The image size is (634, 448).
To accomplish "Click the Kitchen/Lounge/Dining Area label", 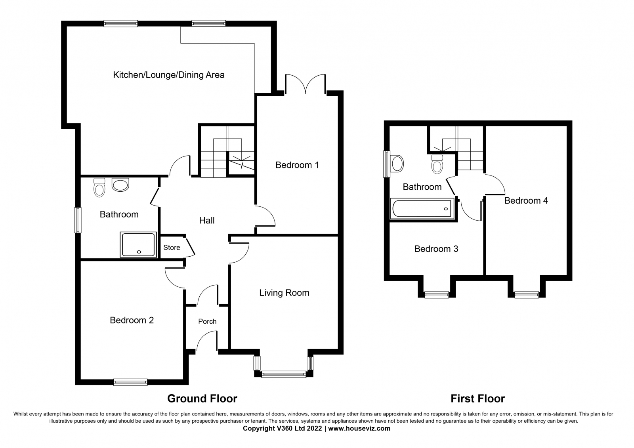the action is [x=169, y=75].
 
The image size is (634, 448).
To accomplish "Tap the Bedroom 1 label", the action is [x=297, y=165].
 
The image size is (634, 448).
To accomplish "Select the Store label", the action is [x=172, y=248].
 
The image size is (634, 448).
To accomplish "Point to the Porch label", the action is [x=207, y=322].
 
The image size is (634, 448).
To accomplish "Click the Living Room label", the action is [x=284, y=293].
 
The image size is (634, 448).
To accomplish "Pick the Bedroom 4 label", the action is [x=526, y=201].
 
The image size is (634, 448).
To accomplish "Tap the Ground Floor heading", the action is [x=202, y=398].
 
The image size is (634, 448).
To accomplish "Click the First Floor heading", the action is [x=478, y=398].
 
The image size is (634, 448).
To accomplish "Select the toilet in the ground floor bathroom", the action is [x=99, y=187].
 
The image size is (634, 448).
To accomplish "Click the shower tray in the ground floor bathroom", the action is [x=138, y=245].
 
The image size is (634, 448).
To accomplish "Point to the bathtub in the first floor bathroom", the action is [x=422, y=209].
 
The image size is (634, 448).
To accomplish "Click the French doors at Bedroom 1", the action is [x=306, y=84].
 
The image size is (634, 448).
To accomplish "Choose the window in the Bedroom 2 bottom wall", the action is [x=130, y=382].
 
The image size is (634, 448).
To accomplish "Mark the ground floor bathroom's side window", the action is [x=78, y=220].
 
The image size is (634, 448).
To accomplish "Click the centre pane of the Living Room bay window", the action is [x=284, y=374].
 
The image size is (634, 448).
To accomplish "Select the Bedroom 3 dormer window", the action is [x=436, y=295].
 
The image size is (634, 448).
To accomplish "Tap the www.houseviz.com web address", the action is [x=359, y=429].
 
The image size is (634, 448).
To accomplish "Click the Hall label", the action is [x=207, y=221].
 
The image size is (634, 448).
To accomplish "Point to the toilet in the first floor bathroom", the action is [x=437, y=164].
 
